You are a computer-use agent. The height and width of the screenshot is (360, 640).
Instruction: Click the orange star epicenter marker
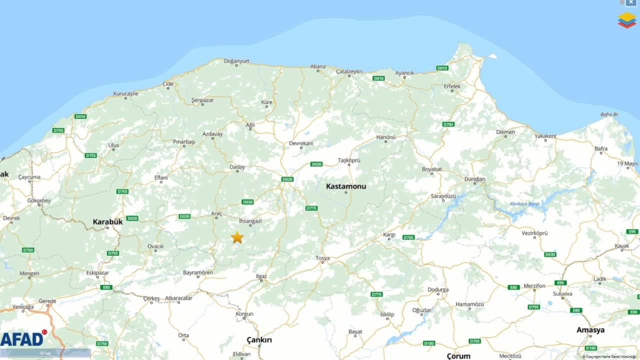[237, 237]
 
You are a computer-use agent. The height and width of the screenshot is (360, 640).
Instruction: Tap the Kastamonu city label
[346, 186]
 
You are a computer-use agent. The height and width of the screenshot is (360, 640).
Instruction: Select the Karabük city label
[107, 221]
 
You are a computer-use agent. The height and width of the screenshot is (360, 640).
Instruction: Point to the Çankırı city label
[259, 340]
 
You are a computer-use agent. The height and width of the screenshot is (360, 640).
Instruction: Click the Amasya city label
[590, 330]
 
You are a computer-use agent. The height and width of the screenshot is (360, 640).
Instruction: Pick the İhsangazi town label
[250, 220]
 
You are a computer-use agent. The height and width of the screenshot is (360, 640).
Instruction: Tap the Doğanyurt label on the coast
[236, 61]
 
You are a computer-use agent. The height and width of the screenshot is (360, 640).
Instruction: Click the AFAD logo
[22, 338]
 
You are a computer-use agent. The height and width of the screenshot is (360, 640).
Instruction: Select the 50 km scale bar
[45, 353]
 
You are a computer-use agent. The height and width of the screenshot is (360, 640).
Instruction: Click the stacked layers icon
[626, 20]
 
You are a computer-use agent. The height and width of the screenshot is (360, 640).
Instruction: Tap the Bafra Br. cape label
[609, 114]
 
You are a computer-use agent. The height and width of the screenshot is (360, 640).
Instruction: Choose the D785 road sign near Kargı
[408, 237]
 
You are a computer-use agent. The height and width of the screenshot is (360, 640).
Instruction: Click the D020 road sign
[287, 179]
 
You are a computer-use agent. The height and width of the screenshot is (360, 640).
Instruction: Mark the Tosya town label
[322, 258]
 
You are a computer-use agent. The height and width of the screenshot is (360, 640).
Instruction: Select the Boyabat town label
[432, 169]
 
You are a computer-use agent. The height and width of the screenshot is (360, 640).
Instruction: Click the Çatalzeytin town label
[349, 71]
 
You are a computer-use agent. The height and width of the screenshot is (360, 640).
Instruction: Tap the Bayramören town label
[198, 272]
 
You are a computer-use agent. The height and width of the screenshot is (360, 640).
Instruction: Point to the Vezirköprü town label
[534, 233]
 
